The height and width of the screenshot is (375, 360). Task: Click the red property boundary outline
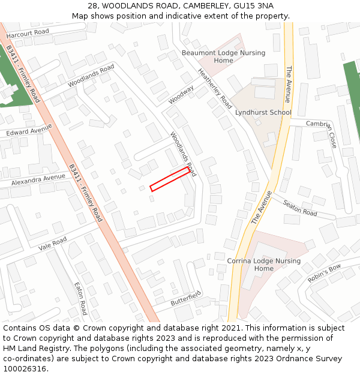[x=170, y=179]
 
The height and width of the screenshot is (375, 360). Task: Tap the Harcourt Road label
[x=28, y=32]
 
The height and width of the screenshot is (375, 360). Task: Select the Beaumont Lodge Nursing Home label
[x=223, y=56]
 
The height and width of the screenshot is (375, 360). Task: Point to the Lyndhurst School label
[x=263, y=112]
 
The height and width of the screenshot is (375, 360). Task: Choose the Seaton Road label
[x=300, y=208]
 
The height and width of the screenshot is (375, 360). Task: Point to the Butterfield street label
[x=185, y=298]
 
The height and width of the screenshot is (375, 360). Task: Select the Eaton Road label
[x=80, y=298]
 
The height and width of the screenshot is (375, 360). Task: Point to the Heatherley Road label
[x=215, y=88]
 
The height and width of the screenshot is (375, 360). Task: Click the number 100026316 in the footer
[x=25, y=368]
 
